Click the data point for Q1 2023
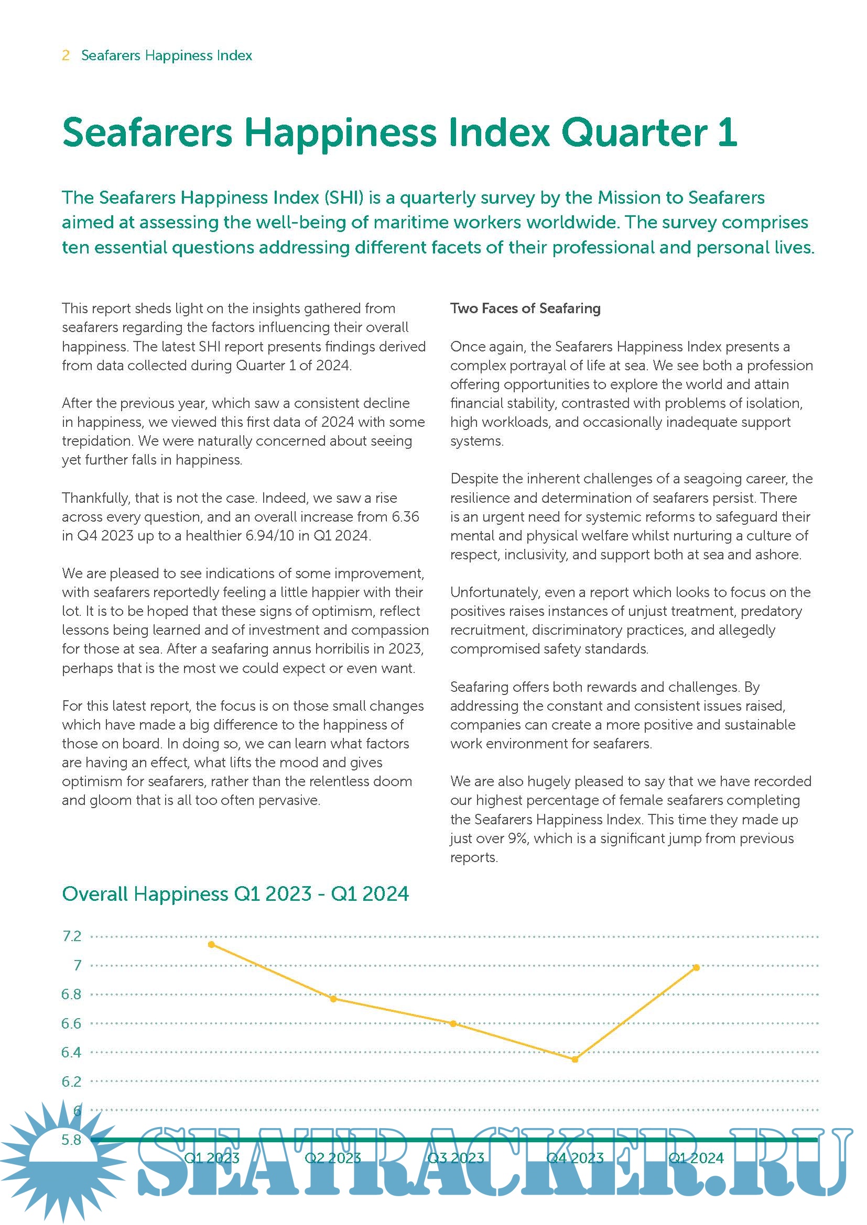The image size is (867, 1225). [x=211, y=945]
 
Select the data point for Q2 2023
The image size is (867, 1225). [x=333, y=999]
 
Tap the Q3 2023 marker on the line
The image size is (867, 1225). [x=453, y=1024]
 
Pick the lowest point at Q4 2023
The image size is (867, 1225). [x=575, y=1060]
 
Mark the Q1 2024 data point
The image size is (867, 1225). [x=696, y=967]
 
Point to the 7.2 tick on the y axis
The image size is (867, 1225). [x=72, y=936]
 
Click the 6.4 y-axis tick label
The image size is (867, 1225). [x=71, y=1052]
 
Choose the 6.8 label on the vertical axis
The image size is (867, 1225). [x=71, y=994]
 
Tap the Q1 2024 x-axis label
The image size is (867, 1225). [x=696, y=1158]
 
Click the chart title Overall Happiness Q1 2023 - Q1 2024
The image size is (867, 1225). [x=235, y=893]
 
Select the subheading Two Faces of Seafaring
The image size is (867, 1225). [x=525, y=308]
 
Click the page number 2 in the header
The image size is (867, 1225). [x=66, y=56]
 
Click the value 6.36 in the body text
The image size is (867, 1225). [x=405, y=516]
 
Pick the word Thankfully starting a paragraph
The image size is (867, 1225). [x=95, y=498]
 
